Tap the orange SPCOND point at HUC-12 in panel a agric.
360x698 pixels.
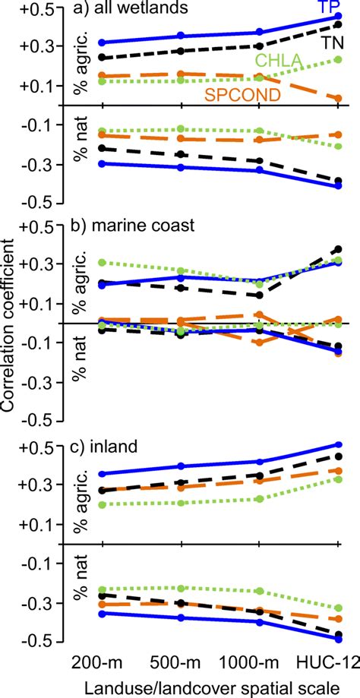point(338,98)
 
